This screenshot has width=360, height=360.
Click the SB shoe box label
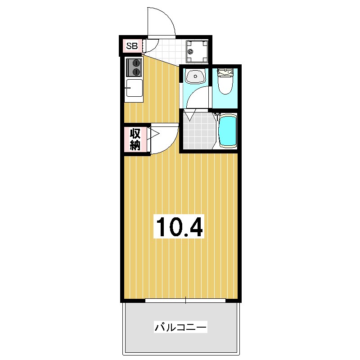click(132, 46)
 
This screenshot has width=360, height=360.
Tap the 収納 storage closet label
click(135, 139)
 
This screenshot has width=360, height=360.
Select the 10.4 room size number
click(179, 227)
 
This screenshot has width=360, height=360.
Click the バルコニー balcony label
click(181, 327)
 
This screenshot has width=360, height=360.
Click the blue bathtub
click(228, 131)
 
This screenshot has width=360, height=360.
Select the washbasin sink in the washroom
click(196, 76)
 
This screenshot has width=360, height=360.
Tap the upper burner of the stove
click(137, 63)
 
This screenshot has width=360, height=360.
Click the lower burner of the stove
click(137, 72)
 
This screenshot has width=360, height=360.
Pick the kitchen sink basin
click(134, 88)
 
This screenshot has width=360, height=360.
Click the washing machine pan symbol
click(197, 52)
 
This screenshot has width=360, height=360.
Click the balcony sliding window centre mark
click(185, 300)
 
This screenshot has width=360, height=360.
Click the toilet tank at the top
click(225, 72)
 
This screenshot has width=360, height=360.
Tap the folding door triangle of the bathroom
click(190, 115)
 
